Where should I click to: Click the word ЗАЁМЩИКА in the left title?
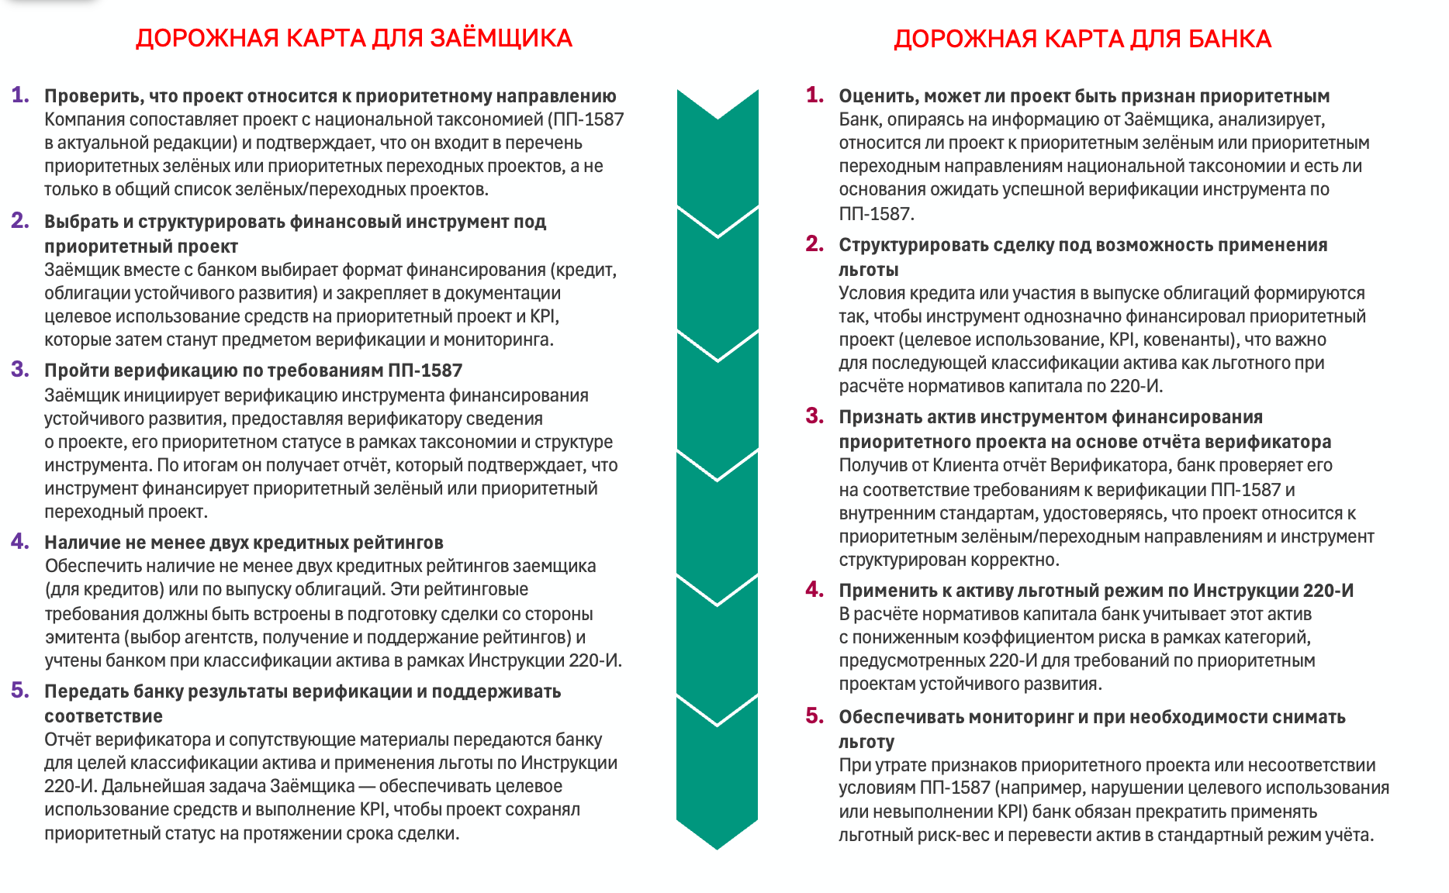[500, 38]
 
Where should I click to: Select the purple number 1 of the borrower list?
[20, 95]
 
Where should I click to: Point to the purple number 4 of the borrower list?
[20, 541]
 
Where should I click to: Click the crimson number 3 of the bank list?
[814, 415]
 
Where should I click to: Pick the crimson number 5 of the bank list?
[814, 715]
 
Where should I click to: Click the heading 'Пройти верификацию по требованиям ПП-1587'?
[253, 371]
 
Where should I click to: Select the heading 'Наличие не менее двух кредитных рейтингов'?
[244, 543]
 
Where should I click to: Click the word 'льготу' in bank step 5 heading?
[866, 742]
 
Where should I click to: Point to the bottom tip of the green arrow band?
[718, 848]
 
